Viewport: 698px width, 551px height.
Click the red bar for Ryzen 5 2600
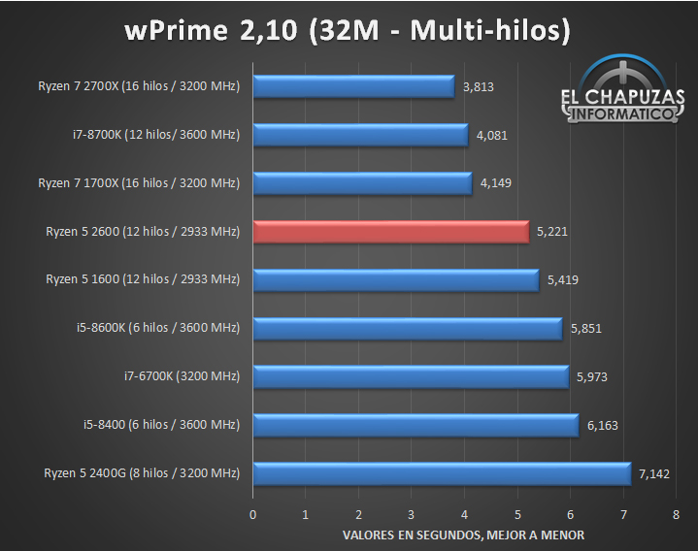(391, 232)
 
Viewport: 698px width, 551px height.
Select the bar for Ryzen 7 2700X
(353, 86)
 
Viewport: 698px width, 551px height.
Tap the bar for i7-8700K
(361, 135)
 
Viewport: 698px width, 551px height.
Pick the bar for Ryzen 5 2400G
(442, 474)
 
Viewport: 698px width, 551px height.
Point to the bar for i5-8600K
(408, 329)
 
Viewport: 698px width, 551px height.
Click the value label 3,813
(479, 87)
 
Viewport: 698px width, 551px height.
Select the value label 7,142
(655, 474)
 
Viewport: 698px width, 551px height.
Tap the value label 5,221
(552, 233)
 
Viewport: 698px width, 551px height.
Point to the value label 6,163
(602, 426)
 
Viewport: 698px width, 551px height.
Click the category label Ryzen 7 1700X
(139, 182)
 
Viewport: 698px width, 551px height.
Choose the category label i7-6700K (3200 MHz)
(181, 376)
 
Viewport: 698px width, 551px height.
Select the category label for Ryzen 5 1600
(143, 279)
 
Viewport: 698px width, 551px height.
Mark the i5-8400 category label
(161, 425)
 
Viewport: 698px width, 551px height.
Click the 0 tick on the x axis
(253, 514)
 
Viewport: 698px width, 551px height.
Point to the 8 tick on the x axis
(676, 514)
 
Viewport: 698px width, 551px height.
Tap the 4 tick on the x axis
(464, 514)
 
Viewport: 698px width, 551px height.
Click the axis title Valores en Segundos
(464, 535)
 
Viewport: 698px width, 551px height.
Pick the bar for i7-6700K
(411, 377)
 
